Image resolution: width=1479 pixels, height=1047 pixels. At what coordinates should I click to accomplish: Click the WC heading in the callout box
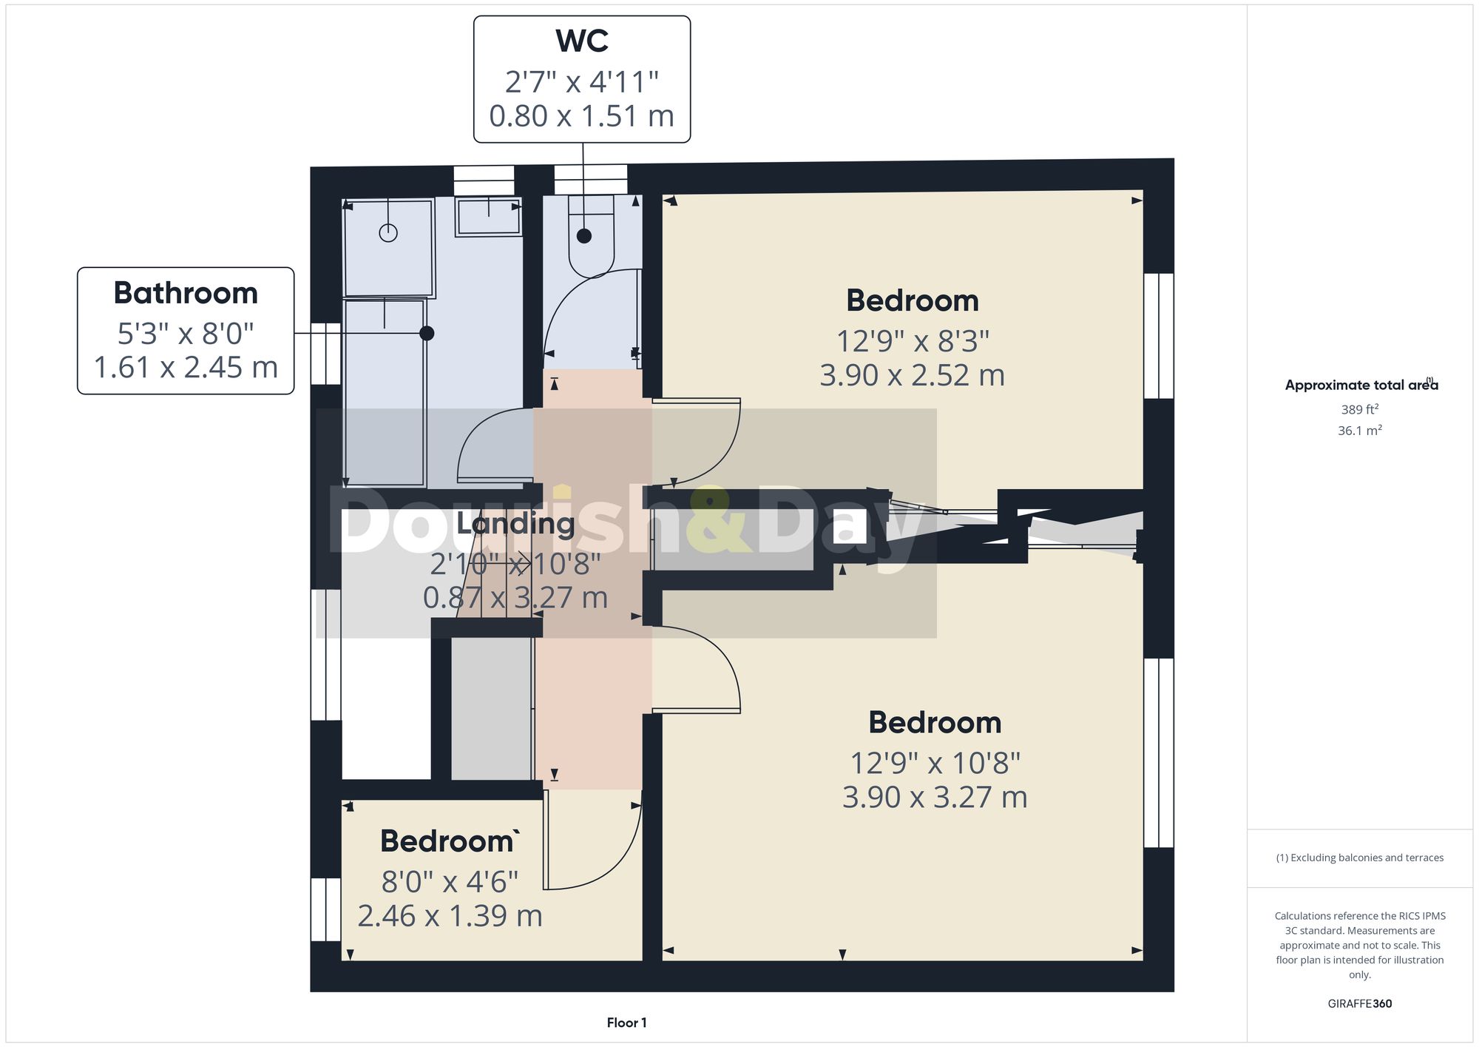pyautogui.click(x=582, y=41)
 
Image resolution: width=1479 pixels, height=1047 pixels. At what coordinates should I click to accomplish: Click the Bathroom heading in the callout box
pyautogui.click(x=186, y=293)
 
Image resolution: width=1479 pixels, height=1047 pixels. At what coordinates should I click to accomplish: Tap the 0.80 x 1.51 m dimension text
pyautogui.click(x=582, y=116)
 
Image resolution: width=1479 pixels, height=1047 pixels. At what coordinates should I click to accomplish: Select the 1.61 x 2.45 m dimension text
pyautogui.click(x=186, y=368)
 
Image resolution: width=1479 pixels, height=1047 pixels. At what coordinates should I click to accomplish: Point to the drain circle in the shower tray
pyautogui.click(x=388, y=233)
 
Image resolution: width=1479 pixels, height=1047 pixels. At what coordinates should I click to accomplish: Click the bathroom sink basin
pyautogui.click(x=488, y=216)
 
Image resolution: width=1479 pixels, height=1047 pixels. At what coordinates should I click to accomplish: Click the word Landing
pyautogui.click(x=515, y=524)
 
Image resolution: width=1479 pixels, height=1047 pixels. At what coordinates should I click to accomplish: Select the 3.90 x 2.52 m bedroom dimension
pyautogui.click(x=912, y=376)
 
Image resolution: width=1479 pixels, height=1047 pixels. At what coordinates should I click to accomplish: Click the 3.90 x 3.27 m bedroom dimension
pyautogui.click(x=935, y=798)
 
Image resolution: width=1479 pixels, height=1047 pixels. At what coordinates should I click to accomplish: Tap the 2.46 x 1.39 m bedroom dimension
pyautogui.click(x=450, y=916)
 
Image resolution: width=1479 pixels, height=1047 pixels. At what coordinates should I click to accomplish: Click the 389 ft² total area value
pyautogui.click(x=1359, y=409)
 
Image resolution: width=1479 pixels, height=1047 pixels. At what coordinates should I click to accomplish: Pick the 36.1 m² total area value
pyautogui.click(x=1359, y=431)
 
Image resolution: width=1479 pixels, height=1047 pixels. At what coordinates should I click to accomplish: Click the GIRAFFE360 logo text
pyautogui.click(x=1359, y=1004)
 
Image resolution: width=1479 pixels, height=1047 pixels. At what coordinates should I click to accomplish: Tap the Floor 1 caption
pyautogui.click(x=626, y=1023)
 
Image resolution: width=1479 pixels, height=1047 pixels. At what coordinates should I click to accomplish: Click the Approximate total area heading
pyautogui.click(x=1359, y=386)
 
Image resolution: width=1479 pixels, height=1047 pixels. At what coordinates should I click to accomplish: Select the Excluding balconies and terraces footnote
pyautogui.click(x=1359, y=858)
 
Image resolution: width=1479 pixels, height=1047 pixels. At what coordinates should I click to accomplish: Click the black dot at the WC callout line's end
pyautogui.click(x=584, y=236)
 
